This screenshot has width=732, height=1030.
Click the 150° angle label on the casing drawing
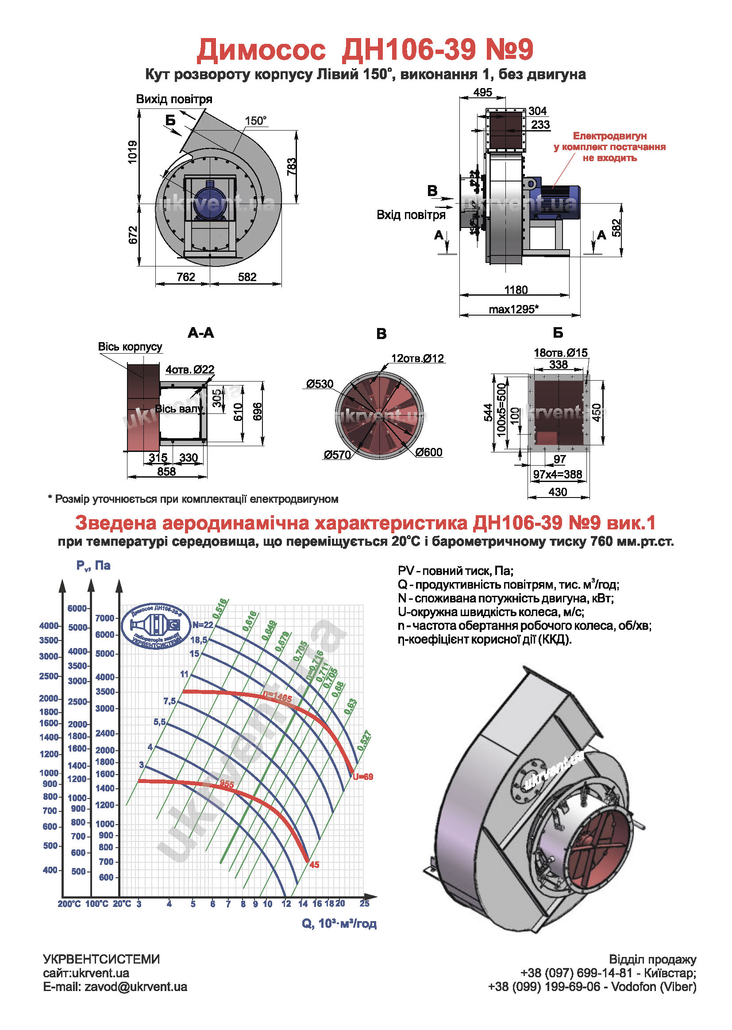pos(255,121)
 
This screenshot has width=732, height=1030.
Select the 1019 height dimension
pos(132,152)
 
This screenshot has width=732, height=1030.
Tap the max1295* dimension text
pos(514,309)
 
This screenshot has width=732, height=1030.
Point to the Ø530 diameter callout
pos(320,384)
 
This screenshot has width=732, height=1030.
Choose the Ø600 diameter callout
pos(429,452)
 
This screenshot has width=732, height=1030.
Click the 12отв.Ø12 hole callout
pos(417,359)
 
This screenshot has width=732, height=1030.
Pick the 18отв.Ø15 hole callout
pos(561,352)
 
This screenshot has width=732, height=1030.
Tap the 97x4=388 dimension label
pos(558,474)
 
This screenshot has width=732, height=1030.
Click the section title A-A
pos(200,333)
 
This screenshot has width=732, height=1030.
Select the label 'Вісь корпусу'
pos(130,347)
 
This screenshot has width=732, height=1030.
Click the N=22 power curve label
pos(203,625)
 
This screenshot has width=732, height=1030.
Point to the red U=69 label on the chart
pos(363,777)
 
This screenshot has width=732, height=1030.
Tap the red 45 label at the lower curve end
pos(314,865)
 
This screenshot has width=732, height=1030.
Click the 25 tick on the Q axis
pos(364,904)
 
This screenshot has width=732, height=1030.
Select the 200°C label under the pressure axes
pos(69,904)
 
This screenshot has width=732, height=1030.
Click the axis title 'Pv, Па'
pos(93,566)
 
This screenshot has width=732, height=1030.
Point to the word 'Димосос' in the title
pos(261,50)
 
